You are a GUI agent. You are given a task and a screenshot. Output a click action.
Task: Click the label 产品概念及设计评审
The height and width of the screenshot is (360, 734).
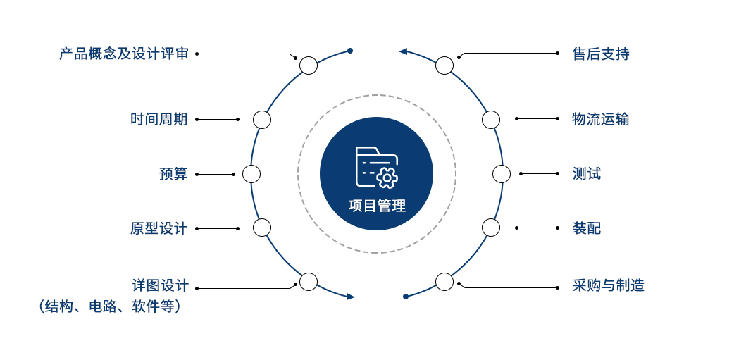click(x=123, y=54)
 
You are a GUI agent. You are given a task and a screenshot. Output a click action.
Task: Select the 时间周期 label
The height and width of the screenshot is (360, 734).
click(x=158, y=119)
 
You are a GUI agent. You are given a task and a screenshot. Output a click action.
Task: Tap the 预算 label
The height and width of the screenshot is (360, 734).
click(x=173, y=174)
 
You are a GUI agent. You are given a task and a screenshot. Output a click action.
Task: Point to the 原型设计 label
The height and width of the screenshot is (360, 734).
click(x=158, y=228)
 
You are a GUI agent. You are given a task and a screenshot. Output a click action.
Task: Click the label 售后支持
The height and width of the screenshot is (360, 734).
click(x=601, y=54)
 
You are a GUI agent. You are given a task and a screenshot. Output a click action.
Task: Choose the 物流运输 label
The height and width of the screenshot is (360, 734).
click(x=601, y=119)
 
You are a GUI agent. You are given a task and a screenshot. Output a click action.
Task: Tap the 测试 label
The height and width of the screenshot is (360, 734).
click(x=587, y=174)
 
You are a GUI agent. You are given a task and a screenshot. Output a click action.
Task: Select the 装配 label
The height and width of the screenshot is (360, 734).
click(x=587, y=228)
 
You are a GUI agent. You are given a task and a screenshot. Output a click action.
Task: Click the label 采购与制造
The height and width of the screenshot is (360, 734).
click(x=608, y=285)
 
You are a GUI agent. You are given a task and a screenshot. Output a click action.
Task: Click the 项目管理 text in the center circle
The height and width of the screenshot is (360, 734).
click(x=377, y=206)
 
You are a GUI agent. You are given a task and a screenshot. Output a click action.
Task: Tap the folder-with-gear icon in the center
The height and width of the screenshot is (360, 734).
click(x=376, y=168)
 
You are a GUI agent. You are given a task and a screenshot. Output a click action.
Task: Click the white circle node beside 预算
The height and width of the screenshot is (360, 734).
click(x=251, y=174)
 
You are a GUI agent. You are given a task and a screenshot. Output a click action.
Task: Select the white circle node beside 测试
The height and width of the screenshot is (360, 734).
click(x=502, y=174)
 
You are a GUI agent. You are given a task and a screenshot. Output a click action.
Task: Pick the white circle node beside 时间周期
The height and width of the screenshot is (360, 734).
click(x=262, y=120)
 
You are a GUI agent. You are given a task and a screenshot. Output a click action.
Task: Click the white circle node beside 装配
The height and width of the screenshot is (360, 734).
click(x=491, y=228)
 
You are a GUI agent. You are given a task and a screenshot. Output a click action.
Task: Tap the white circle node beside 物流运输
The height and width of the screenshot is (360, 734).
click(x=491, y=120)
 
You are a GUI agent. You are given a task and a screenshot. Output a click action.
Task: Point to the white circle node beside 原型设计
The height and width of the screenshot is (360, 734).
click(x=262, y=228)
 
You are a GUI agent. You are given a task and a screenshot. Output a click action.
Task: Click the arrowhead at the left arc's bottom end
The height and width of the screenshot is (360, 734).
click(x=351, y=297)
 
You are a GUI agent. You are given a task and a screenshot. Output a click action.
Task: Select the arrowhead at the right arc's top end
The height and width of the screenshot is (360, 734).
click(x=403, y=51)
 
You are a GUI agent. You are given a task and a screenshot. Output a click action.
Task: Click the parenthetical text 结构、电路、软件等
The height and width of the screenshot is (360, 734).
click(x=110, y=306)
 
